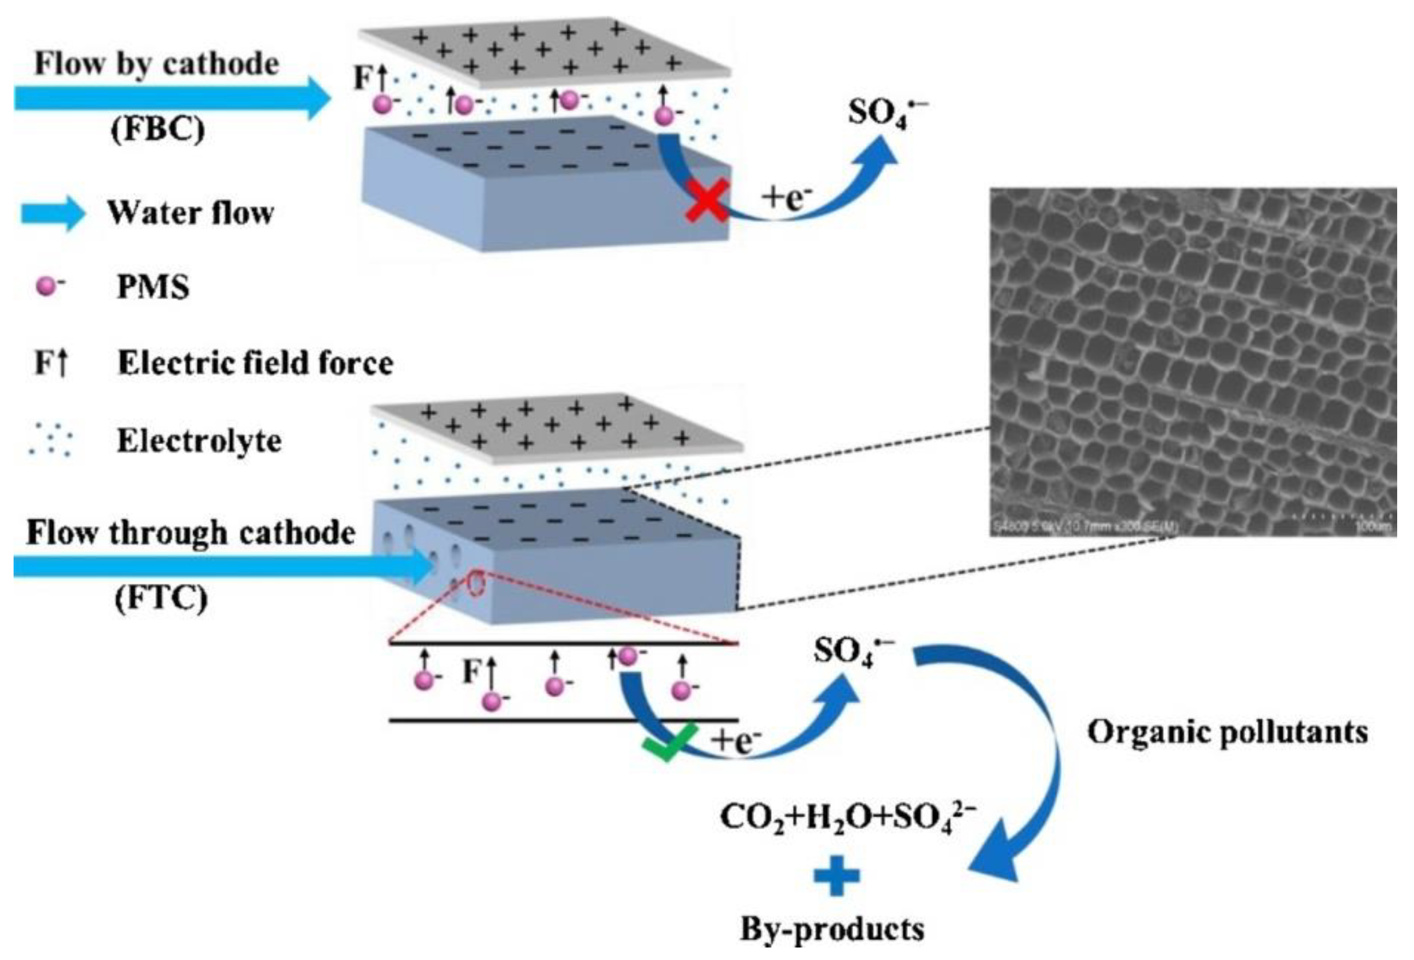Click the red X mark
(x=706, y=199)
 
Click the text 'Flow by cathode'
(x=156, y=64)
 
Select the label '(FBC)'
(x=157, y=129)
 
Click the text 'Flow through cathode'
(x=191, y=533)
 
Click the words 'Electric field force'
(x=256, y=363)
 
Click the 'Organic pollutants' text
(x=1227, y=732)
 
